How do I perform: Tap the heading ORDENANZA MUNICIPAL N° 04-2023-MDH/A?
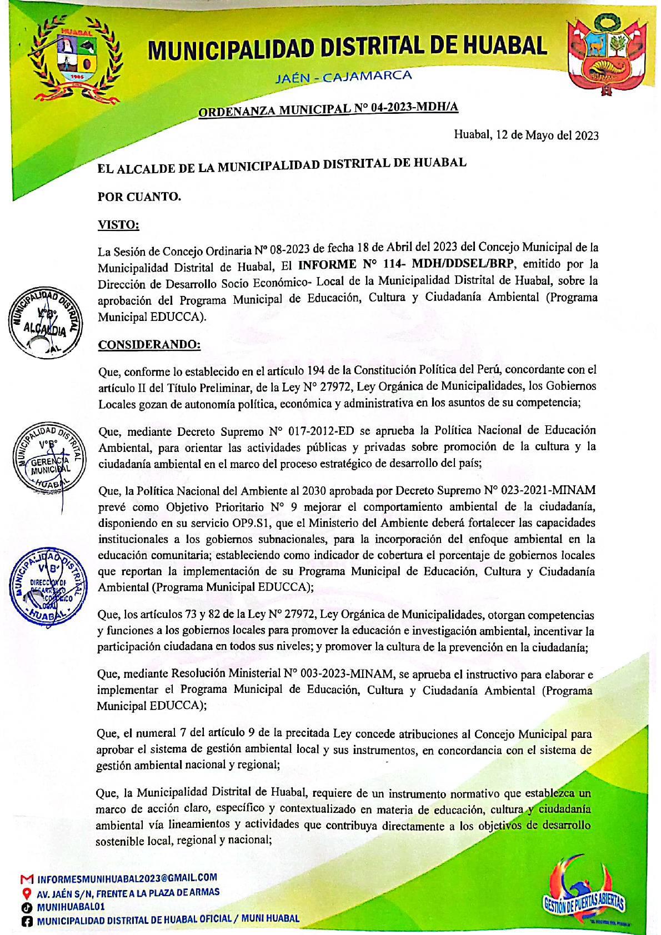point(328,108)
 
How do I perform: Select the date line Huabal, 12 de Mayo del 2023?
point(526,135)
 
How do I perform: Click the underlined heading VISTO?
point(118,225)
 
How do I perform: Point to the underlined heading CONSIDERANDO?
point(149,345)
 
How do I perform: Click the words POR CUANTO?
point(139,197)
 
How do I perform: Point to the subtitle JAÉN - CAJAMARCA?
point(344,77)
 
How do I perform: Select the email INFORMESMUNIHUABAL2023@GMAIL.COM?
point(127,878)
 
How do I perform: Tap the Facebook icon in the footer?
point(26,921)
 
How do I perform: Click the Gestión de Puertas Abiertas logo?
point(583,895)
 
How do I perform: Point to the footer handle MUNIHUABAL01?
point(71,907)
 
